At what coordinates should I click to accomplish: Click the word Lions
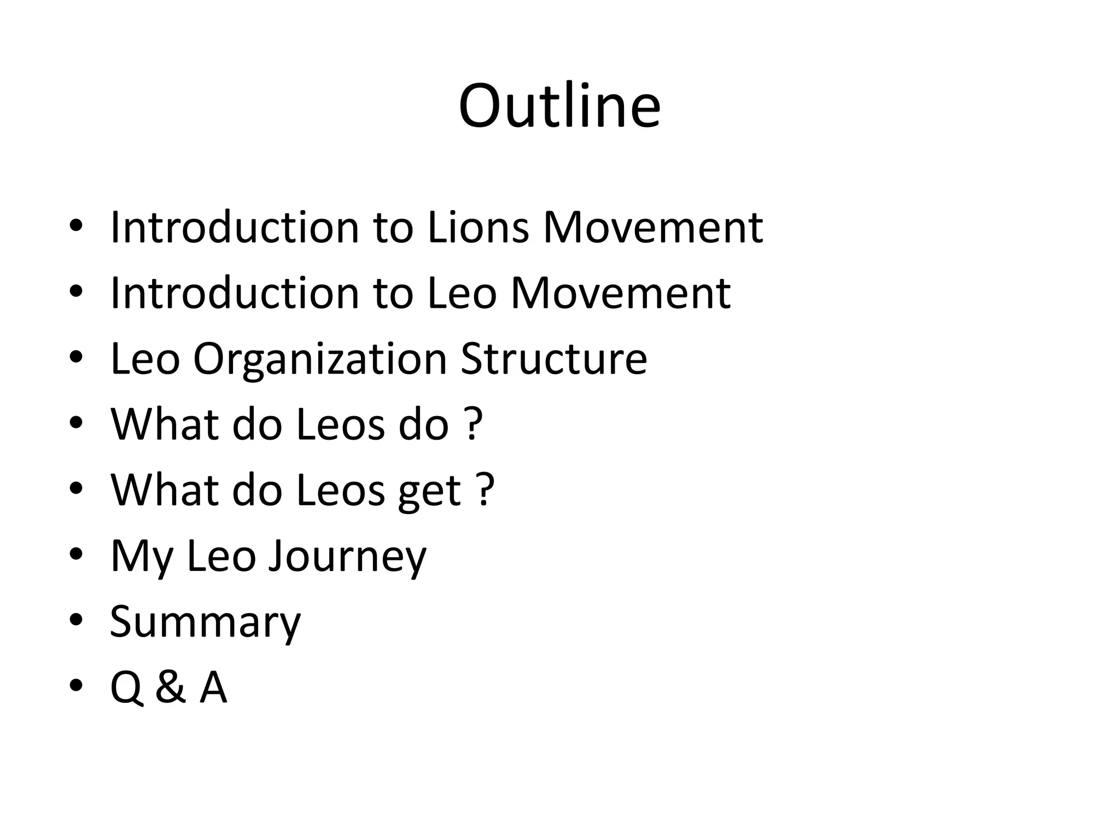[478, 227]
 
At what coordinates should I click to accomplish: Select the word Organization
[320, 360]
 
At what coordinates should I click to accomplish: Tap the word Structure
[554, 359]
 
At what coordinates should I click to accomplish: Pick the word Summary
[205, 622]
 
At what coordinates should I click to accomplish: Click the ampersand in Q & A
[170, 687]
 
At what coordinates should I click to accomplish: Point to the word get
[429, 491]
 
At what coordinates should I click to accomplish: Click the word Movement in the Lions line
[653, 227]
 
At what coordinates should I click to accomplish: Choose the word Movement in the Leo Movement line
[621, 293]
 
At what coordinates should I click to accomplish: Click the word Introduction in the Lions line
[235, 227]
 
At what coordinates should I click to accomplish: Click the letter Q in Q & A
[126, 688]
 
